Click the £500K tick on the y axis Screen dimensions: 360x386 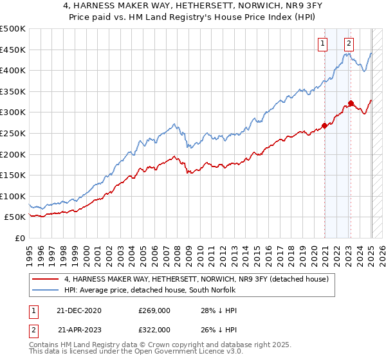coord(13,29)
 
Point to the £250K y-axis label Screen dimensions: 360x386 coord(13,133)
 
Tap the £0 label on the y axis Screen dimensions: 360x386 coord(20,238)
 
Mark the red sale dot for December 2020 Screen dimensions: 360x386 coord(325,125)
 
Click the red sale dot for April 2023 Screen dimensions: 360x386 coord(351,103)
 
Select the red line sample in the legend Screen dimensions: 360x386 coord(44,279)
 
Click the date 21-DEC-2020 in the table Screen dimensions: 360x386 coord(78,310)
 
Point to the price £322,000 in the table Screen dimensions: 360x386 coord(154,329)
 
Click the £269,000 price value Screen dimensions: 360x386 coord(154,310)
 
